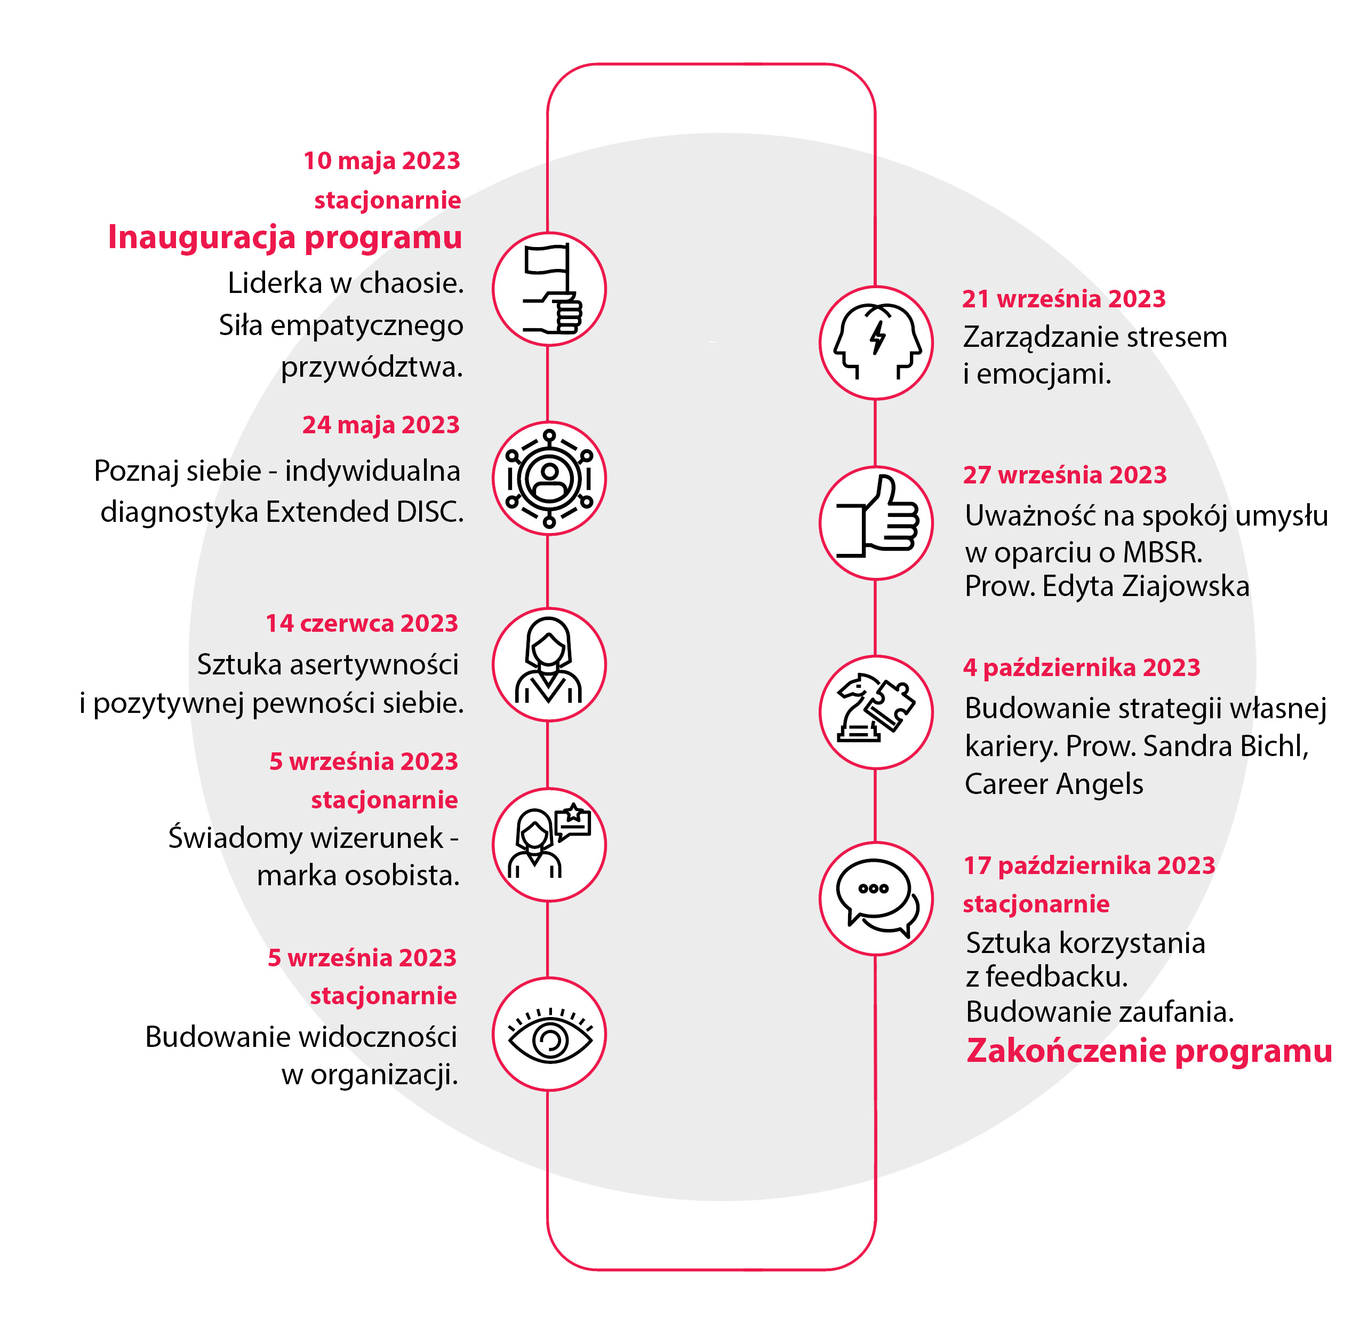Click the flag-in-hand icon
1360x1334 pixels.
552,289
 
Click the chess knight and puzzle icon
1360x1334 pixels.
875,707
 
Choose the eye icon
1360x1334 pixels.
550,1035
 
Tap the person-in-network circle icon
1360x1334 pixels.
549,479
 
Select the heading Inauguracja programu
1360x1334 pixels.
285,237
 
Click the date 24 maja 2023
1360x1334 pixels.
381,425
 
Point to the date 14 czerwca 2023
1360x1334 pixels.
362,623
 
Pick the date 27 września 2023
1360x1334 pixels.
1065,475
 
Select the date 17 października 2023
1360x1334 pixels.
1090,866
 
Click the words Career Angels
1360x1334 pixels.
1054,784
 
